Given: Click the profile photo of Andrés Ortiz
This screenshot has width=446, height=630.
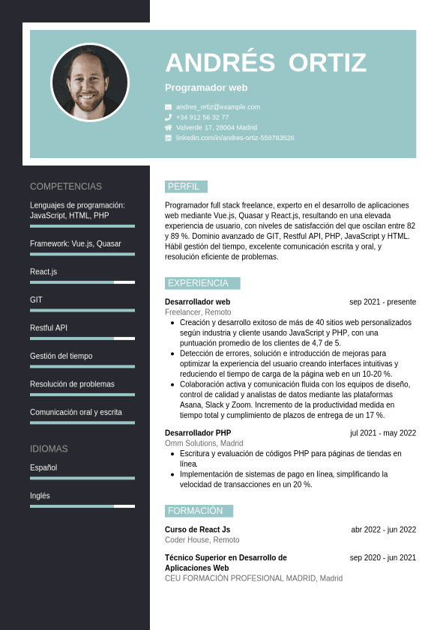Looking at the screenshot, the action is point(90,82).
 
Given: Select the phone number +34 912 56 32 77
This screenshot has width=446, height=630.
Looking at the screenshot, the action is point(202,118).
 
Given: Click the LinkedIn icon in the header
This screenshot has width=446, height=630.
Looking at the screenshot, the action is point(169,138).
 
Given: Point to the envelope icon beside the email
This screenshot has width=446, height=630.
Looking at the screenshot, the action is point(169,107).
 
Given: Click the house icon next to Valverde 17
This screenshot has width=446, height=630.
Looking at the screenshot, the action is point(169,127).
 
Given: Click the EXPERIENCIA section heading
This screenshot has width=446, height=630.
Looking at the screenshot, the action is point(198,283).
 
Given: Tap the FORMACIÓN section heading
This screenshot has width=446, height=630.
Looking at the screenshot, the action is point(195,511).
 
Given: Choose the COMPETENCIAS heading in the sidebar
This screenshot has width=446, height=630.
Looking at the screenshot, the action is point(66,187).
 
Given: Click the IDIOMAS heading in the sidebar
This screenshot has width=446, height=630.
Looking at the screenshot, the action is point(49,449).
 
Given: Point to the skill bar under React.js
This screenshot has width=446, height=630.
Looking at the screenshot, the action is point(82,282).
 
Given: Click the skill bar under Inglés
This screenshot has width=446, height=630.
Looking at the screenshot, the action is point(82,506).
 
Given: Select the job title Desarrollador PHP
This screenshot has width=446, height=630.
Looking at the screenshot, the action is point(198,433).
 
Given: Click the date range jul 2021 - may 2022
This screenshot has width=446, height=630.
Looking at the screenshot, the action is point(383,433).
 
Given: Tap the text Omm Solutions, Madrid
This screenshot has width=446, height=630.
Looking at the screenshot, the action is point(199,443).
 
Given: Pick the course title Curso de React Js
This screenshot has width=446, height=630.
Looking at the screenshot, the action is point(197,530).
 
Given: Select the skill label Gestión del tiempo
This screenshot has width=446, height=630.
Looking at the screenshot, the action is point(61,356).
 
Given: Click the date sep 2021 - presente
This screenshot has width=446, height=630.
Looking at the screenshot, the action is point(382,302).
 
